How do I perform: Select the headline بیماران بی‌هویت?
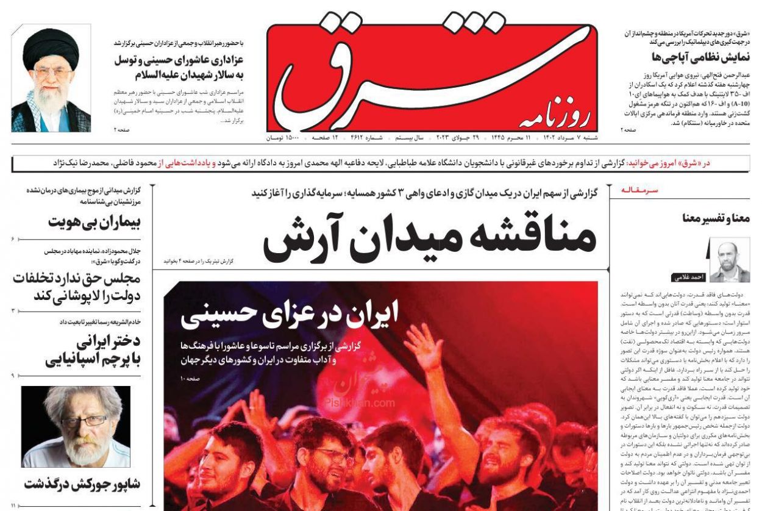(x=94, y=222)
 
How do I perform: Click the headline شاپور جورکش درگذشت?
(x=82, y=484)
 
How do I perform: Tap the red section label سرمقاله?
(x=639, y=190)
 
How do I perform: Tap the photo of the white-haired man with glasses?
(x=76, y=426)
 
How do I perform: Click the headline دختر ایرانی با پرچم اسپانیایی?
(x=93, y=350)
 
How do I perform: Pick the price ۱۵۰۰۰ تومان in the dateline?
(x=282, y=138)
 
